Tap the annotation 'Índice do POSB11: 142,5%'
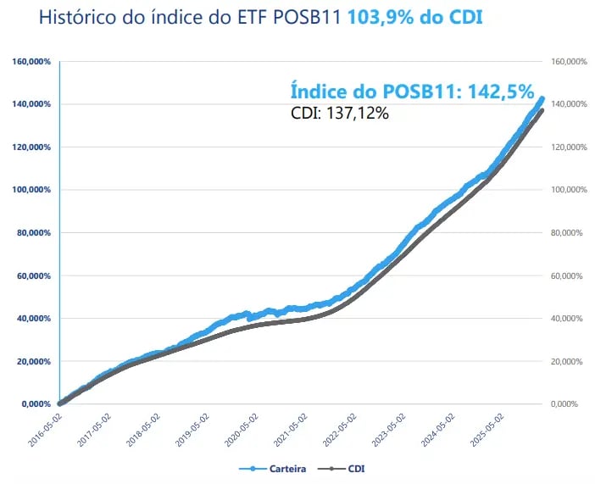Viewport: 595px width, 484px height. (412, 91)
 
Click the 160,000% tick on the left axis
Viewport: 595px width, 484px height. (32, 62)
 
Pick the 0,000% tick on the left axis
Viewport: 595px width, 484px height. (36, 404)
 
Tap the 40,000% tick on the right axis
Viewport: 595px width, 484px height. (568, 319)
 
